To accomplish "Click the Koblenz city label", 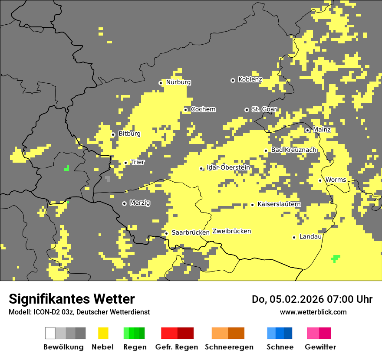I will click(250, 80).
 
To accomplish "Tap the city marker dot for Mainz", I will click(307, 130).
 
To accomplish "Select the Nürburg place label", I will click(178, 82).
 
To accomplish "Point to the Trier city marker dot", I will click(126, 163).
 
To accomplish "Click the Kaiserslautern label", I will click(279, 204).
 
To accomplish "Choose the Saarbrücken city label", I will click(191, 232).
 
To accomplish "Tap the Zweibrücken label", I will click(232, 231).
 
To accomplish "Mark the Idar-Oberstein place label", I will click(228, 168).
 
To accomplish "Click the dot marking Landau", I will click(294, 237).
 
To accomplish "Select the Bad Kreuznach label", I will click(293, 150).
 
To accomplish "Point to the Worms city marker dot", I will click(320, 180).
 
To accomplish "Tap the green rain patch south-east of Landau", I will click(336, 259).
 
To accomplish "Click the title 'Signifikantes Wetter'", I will click(72, 299).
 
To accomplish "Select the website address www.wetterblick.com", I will click(313, 312).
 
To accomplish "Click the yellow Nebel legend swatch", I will click(103, 333).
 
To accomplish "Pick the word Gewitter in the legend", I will click(320, 347).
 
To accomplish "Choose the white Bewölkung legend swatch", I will click(50, 333).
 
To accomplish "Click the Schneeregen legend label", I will click(229, 347).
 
